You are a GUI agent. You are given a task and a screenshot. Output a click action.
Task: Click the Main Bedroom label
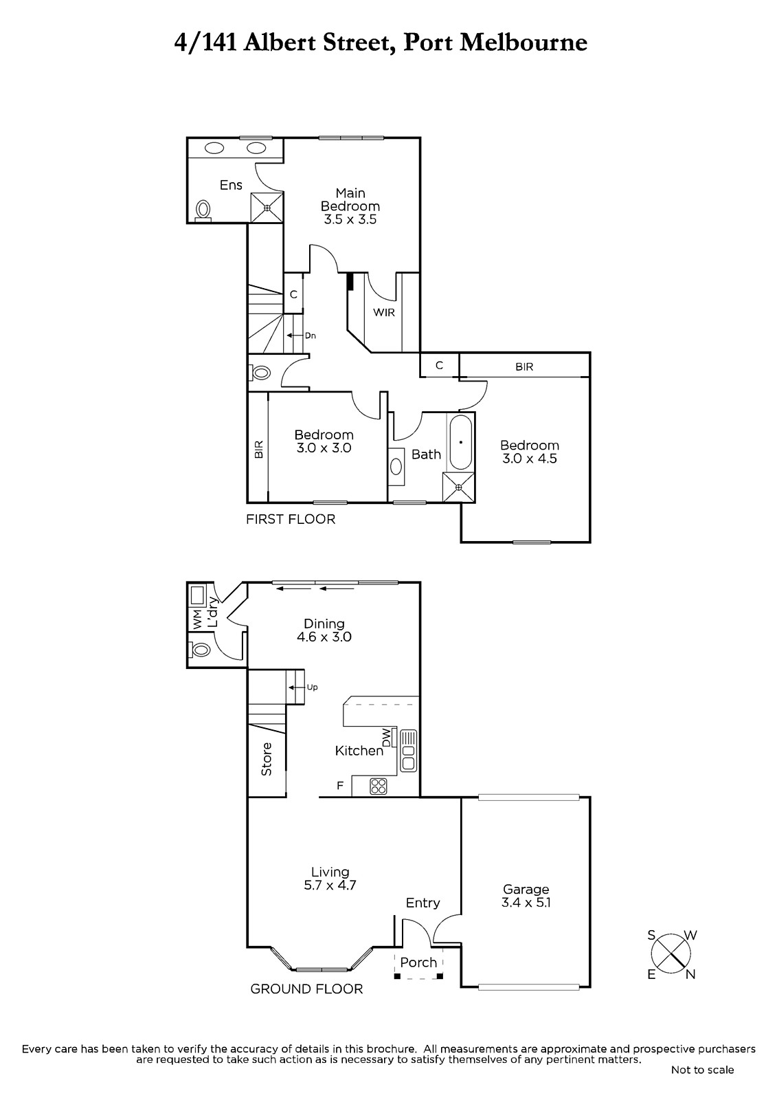tap(350, 199)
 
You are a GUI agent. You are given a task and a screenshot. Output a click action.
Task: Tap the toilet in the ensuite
tap(203, 210)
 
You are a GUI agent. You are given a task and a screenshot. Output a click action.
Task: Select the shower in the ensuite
tap(267, 207)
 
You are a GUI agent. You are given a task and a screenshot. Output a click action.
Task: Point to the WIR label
tap(384, 312)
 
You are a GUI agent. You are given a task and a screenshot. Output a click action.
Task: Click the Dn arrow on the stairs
tap(295, 335)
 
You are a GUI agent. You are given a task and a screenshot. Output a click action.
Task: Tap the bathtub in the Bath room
tap(460, 443)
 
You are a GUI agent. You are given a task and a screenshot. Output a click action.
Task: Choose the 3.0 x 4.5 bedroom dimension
tap(530, 459)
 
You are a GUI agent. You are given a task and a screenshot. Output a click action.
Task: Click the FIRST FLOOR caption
tap(291, 519)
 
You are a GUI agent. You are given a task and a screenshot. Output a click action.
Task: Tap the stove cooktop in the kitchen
tap(379, 786)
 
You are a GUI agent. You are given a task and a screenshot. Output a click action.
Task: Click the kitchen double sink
tap(408, 750)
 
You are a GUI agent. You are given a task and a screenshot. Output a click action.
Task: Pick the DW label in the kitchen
tap(387, 737)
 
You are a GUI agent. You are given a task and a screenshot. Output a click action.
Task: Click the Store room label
tap(267, 759)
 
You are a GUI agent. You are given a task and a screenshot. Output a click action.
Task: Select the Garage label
tap(526, 890)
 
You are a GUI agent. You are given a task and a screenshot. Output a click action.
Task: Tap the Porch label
tap(418, 962)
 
